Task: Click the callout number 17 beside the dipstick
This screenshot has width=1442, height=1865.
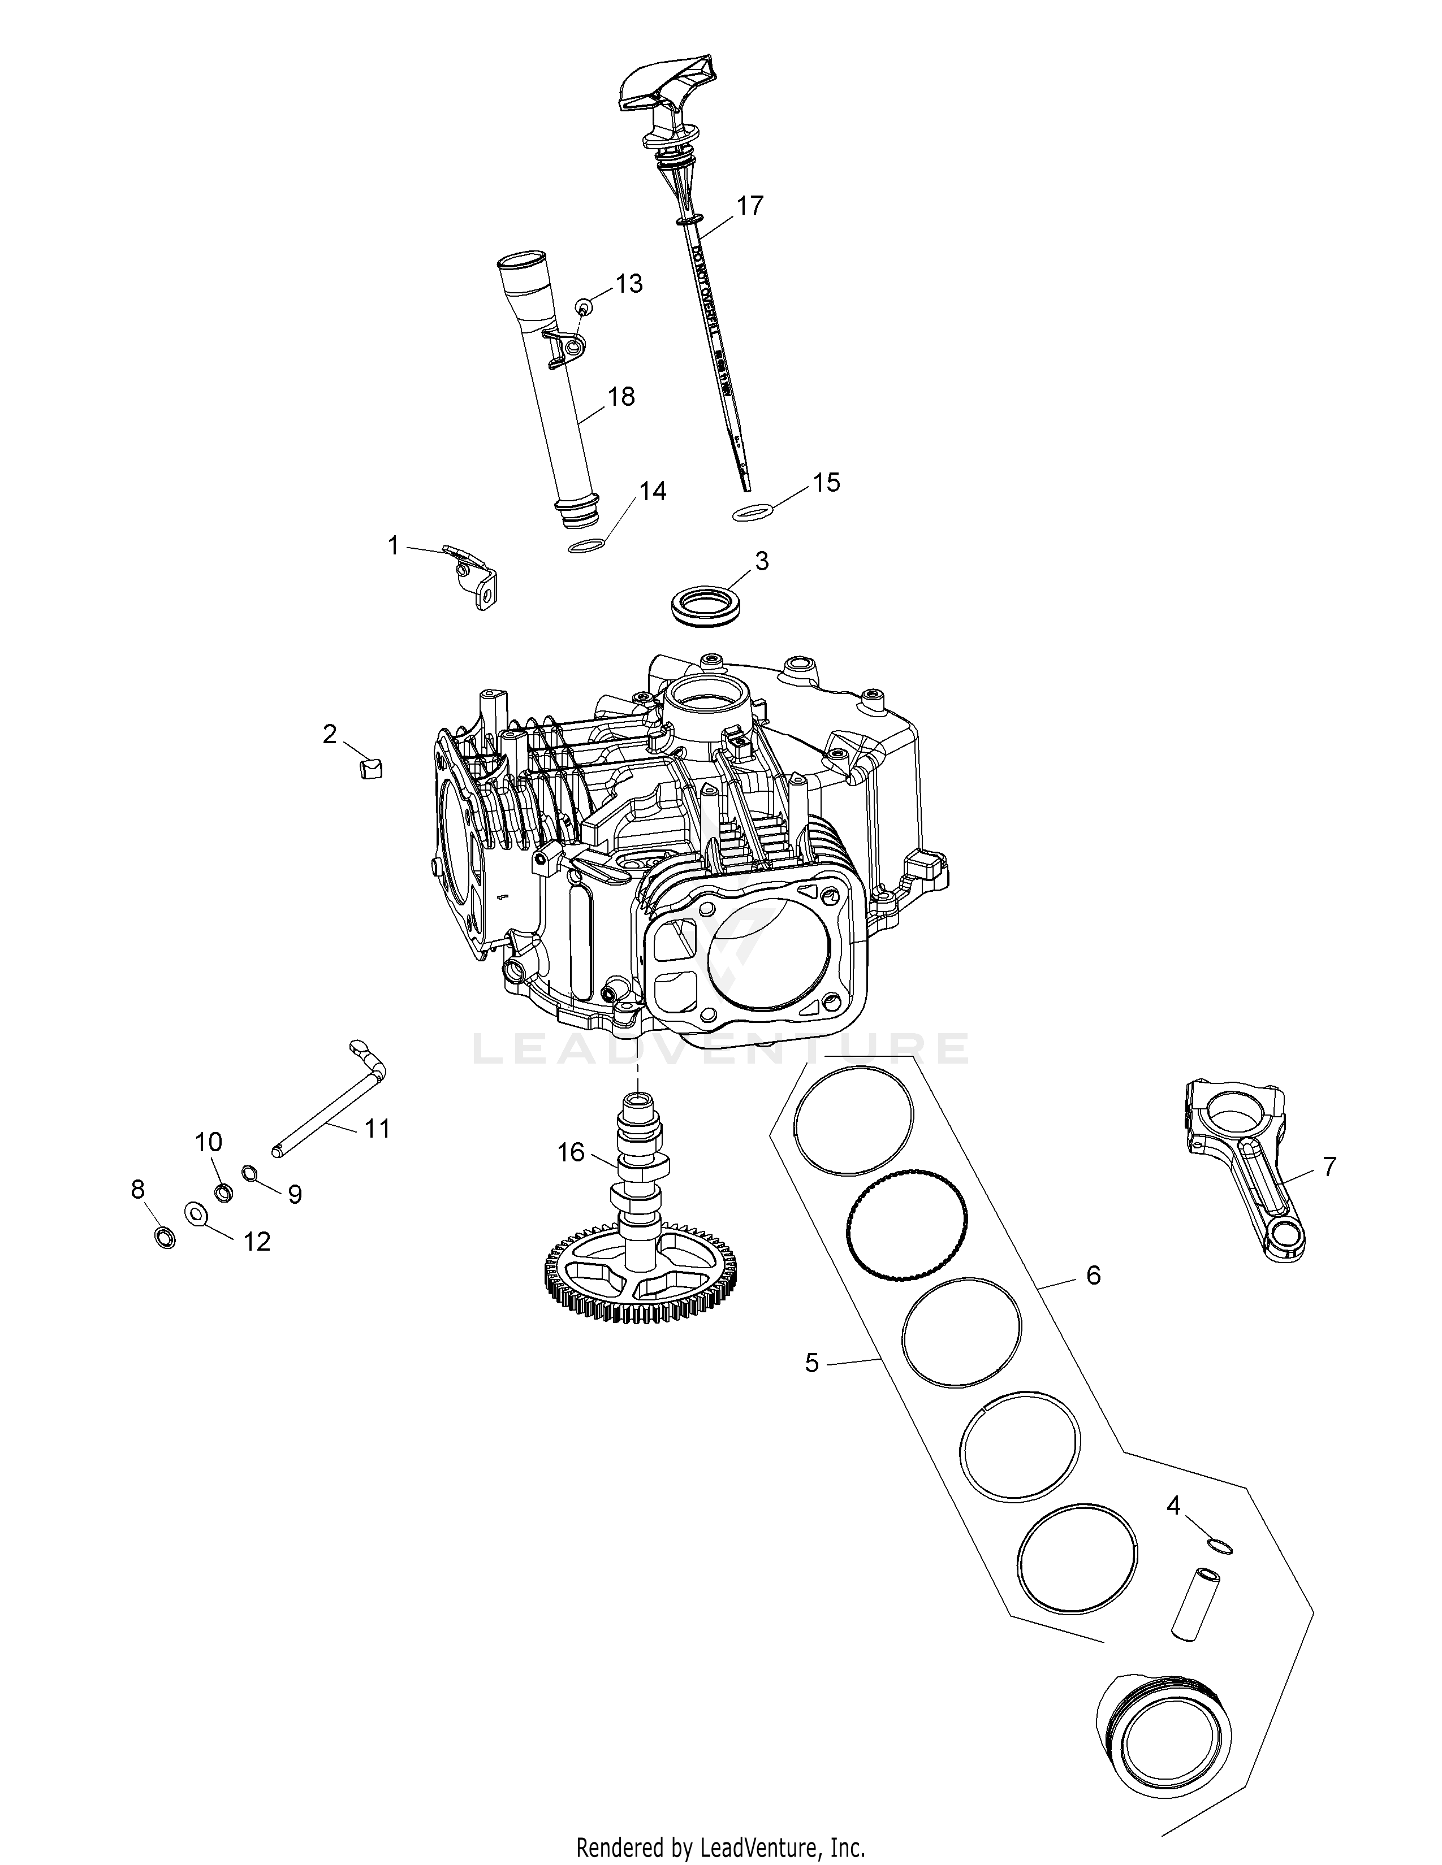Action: [x=749, y=206]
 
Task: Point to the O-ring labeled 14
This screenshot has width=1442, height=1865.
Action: [x=587, y=547]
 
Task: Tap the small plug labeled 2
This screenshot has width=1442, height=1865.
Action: [x=369, y=767]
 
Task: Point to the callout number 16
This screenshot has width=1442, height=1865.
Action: [x=571, y=1153]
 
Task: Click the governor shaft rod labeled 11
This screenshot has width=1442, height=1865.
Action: [x=329, y=1099]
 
